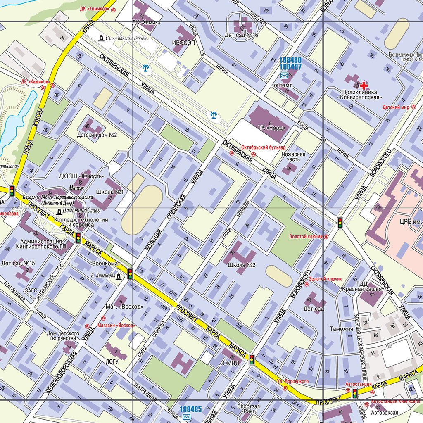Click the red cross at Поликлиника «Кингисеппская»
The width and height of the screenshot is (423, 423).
364,86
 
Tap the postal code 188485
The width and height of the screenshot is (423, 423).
190,409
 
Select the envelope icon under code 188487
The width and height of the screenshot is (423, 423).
285,75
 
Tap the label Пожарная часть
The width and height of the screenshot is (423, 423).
293,157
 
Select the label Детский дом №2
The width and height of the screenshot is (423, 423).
97,135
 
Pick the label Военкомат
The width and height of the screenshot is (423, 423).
106,263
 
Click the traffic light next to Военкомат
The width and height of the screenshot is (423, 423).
130,273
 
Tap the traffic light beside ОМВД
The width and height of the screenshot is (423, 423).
251,359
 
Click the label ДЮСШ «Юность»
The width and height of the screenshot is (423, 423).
81,176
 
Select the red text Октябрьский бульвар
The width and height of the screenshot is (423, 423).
263,147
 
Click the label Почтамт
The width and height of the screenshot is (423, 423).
281,86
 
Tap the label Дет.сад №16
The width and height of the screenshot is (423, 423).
242,35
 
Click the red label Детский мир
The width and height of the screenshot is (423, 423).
396,107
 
